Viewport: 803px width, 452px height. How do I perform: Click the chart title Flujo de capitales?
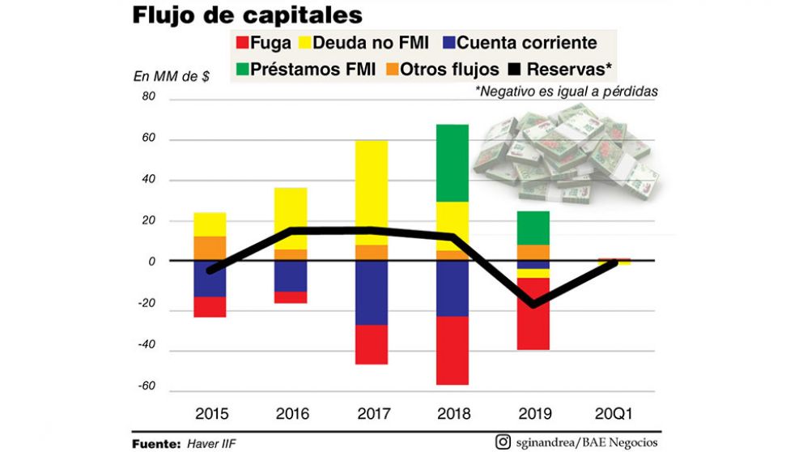pos(246,15)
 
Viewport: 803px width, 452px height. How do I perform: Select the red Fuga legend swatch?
pos(240,44)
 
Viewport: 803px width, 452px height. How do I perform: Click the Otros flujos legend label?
pos(451,69)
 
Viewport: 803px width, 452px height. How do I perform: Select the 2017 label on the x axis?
pos(372,414)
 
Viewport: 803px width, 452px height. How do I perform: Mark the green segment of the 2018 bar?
pos(452,162)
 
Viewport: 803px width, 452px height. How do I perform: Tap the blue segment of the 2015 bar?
pos(210,279)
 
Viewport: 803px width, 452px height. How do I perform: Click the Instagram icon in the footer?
pos(503,441)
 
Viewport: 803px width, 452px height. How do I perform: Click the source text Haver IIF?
pos(213,444)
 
